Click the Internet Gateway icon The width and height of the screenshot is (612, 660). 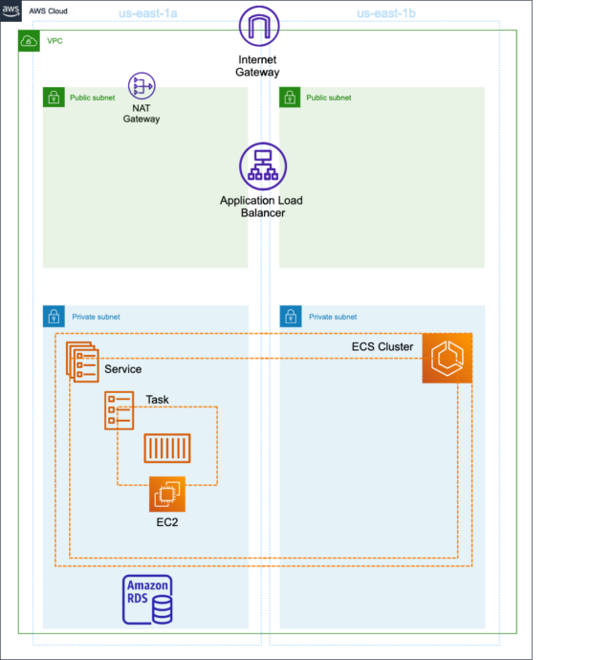tap(259, 26)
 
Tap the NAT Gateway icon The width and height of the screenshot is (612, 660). tap(142, 86)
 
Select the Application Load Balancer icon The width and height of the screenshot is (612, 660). tap(263, 166)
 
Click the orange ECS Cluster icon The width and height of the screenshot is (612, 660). tap(447, 358)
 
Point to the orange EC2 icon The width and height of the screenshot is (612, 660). tap(167, 495)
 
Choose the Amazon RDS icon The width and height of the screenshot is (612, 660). tap(147, 600)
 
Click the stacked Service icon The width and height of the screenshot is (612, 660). tap(82, 362)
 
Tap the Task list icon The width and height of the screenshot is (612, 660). tap(120, 410)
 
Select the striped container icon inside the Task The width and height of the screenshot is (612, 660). tap(167, 449)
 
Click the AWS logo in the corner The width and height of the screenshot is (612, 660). tap(11, 11)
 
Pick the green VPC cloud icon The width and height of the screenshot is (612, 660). tap(29, 41)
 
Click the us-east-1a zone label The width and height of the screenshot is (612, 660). tap(147, 13)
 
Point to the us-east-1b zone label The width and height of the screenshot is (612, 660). tap(386, 13)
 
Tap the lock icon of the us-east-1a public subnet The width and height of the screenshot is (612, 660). tap(54, 98)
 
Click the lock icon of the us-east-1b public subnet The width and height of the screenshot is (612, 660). tap(290, 98)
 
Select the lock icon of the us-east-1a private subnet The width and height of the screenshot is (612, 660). tap(54, 316)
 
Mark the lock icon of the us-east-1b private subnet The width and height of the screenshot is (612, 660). tap(291, 316)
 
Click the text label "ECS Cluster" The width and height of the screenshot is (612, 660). tap(382, 347)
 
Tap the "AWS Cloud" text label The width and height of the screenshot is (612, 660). tap(48, 11)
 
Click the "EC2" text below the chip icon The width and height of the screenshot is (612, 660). tap(167, 522)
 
